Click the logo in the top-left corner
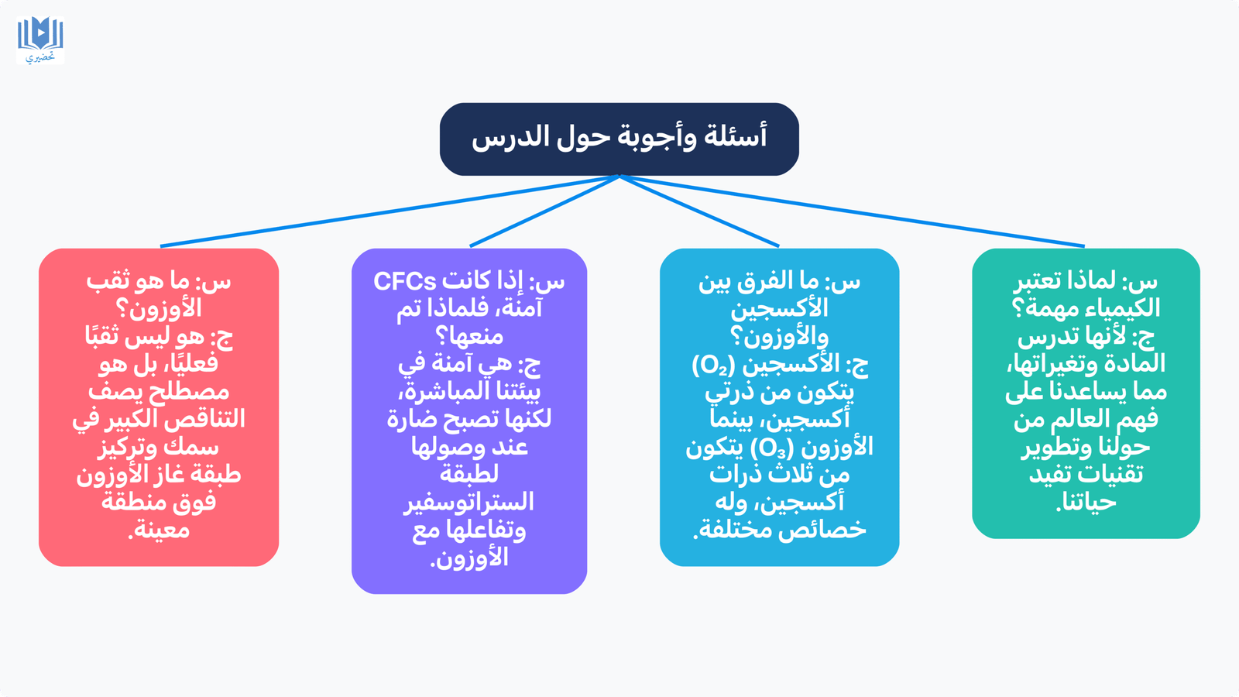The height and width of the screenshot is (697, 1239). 40,39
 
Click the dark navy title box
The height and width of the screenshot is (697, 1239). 619,139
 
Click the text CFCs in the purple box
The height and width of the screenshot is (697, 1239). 405,282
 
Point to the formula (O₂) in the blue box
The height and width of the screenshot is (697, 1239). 713,365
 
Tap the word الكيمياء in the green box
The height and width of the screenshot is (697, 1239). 1124,308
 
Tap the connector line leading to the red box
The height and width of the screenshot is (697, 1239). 390,211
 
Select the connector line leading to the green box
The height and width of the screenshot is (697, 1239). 852,211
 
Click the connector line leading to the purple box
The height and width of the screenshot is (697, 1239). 545,211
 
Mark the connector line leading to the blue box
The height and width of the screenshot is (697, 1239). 699,211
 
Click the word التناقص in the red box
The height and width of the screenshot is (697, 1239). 206,419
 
